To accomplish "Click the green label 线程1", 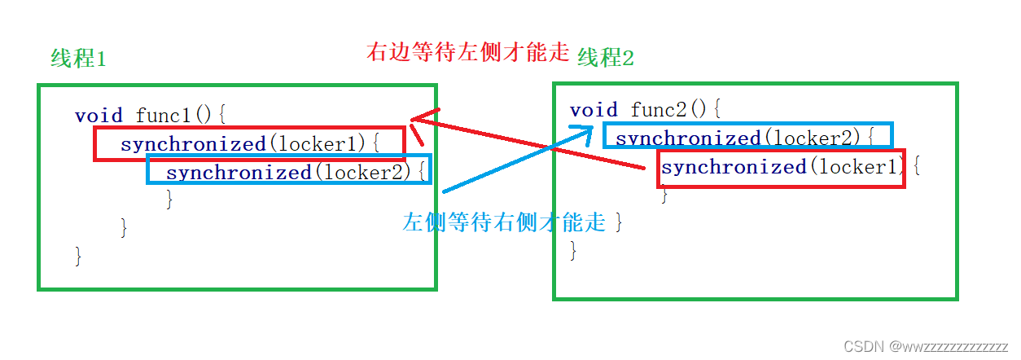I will click(78, 59).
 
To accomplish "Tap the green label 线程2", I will click(605, 57).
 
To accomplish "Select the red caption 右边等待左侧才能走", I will click(467, 54).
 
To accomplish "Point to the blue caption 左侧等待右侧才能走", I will click(505, 222).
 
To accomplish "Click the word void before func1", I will click(99, 116).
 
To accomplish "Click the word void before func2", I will click(594, 109).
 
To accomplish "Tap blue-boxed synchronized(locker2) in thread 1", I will click(289, 172).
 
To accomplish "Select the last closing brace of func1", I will click(79, 255).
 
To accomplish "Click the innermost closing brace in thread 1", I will click(169, 198).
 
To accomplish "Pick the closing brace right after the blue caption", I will click(619, 222).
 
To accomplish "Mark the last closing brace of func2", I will click(573, 250).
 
